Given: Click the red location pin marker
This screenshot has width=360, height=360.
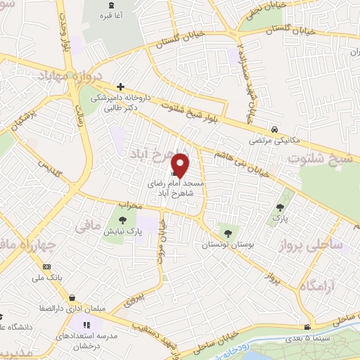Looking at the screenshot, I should point(181,165).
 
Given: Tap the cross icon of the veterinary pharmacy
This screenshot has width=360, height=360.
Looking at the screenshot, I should point(121,86).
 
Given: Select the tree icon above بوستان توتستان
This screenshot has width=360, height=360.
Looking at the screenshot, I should point(226,233).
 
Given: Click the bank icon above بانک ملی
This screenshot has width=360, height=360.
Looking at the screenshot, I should point(47,266).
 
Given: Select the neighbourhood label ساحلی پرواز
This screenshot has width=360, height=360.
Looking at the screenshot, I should point(331,245).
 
